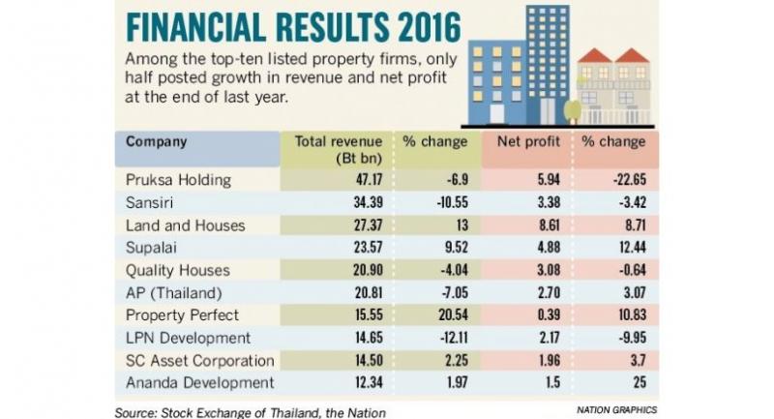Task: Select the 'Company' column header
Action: point(156,141)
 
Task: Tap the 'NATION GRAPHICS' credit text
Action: point(610,407)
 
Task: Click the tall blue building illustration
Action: point(521,68)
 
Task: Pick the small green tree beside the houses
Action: point(573,109)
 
